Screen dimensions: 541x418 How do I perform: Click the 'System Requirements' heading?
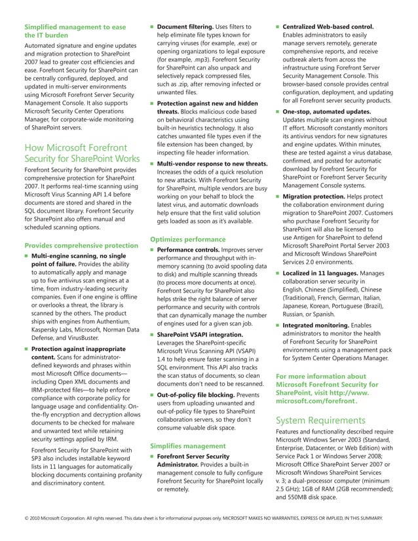tap(321, 420)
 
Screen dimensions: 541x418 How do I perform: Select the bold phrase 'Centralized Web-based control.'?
tap(328, 27)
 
